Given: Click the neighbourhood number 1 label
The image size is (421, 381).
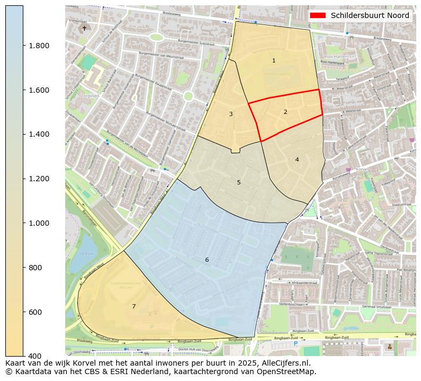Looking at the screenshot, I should pos(274,60).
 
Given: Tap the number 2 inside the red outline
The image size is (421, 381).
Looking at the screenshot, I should pos(285,112).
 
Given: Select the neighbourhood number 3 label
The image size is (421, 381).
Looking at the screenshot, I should pos(231,114).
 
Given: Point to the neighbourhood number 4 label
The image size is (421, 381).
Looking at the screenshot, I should pos(297,160).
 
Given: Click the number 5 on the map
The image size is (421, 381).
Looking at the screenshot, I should pos(239,182).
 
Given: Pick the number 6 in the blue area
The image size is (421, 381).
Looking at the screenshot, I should pos(207,260).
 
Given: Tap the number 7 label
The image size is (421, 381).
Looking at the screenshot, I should pos(134,306).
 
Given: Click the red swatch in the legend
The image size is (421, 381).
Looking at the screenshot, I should pos(318,15).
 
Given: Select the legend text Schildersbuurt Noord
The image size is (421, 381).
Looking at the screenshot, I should pos(370,15).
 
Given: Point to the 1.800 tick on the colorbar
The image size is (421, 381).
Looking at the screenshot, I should pos(39,46).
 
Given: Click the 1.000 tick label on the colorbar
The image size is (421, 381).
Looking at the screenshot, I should pos(39,223).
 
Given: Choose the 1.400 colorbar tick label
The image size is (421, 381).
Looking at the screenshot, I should pos(39,134).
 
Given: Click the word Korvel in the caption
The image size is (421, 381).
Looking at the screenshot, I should pos(81,363).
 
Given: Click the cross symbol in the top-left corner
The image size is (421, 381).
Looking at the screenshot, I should pos(84,28).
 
